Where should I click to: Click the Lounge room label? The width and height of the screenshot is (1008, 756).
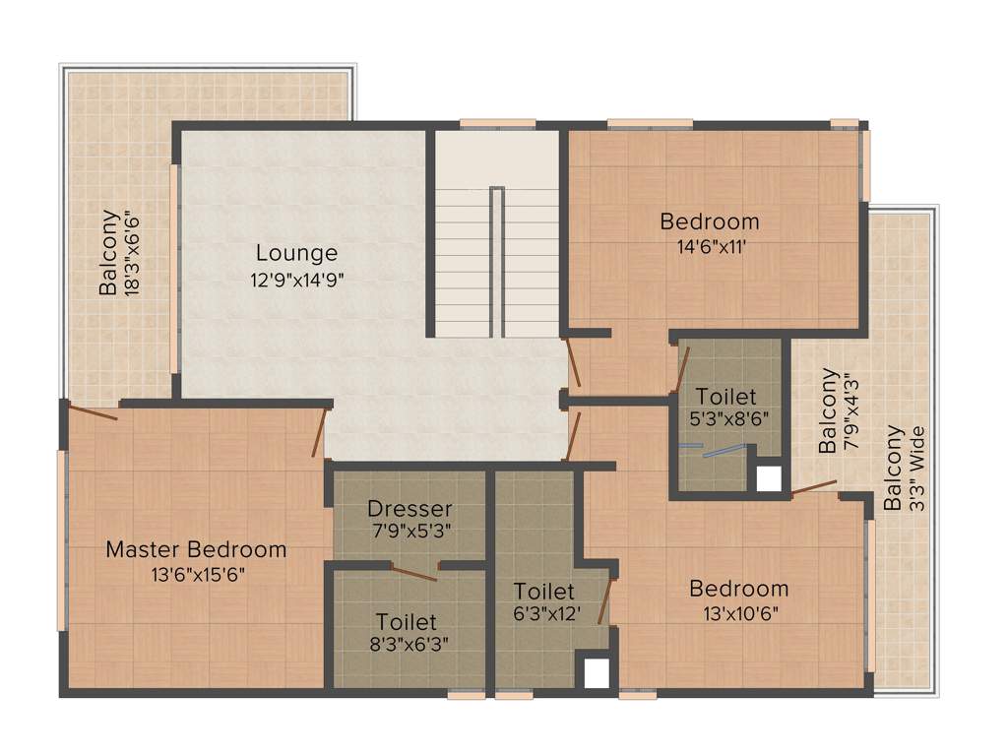(x=296, y=253)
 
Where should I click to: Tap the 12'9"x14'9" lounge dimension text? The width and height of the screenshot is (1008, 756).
(x=296, y=279)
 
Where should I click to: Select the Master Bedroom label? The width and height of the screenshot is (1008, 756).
(x=196, y=549)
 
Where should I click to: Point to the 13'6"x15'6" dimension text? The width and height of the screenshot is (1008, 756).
(x=196, y=574)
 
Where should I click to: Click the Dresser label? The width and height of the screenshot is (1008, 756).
(x=409, y=509)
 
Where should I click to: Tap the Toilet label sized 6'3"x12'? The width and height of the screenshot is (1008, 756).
(x=544, y=592)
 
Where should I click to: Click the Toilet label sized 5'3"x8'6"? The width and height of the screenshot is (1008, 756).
(x=726, y=397)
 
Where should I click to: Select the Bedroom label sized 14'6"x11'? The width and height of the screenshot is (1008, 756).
(x=710, y=221)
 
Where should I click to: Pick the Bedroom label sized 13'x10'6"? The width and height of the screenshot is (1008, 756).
(x=738, y=589)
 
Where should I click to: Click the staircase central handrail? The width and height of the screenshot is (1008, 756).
(x=497, y=261)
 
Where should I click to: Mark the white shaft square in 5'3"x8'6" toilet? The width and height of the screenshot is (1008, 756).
(x=768, y=478)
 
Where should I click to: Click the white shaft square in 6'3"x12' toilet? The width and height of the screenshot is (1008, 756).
(x=597, y=673)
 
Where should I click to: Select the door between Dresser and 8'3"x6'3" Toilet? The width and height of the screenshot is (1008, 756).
(x=413, y=574)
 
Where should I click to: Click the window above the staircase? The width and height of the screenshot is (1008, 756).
(x=497, y=124)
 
